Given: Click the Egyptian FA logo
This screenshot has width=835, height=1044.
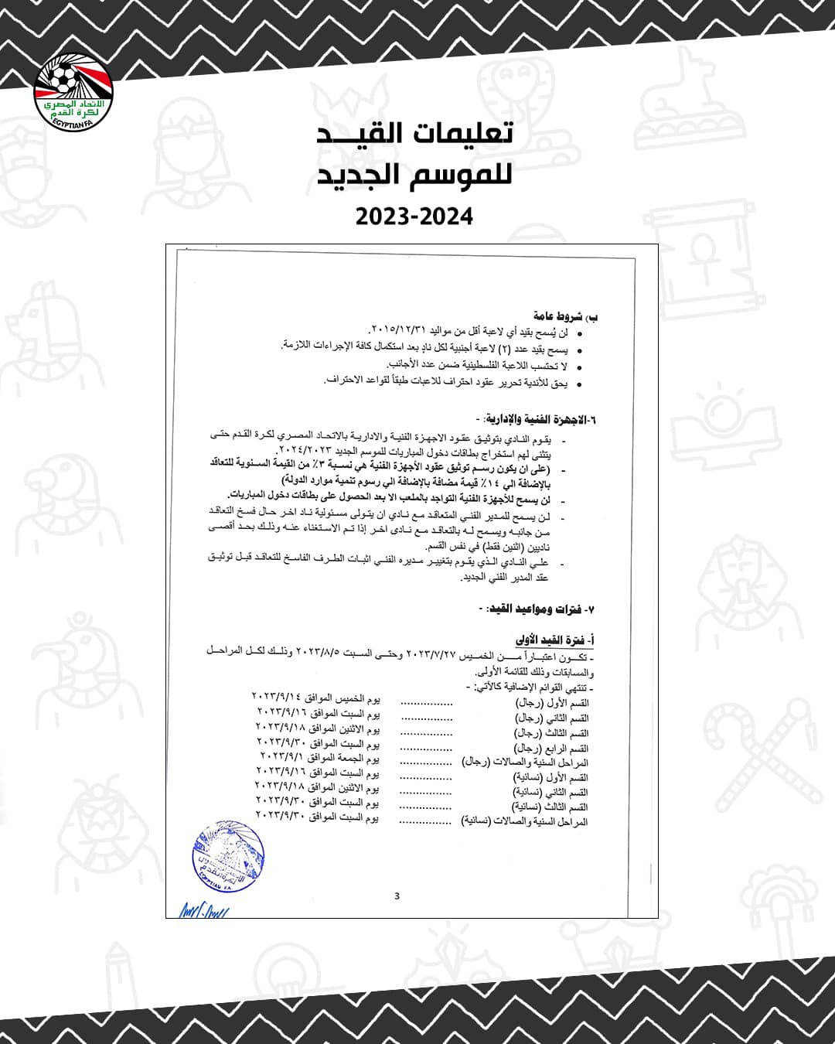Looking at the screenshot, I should tap(74, 91).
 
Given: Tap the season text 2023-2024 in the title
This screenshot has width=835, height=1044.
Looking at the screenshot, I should tap(414, 217).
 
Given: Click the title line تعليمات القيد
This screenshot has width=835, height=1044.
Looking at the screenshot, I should tap(416, 133).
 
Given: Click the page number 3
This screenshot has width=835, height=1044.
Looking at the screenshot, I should tap(397, 896).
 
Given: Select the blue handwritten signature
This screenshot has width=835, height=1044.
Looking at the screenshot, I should tap(204, 909).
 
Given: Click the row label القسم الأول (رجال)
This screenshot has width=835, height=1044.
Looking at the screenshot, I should tap(552, 703).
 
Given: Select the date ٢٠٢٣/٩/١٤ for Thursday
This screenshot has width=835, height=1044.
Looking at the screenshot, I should tap(278, 698).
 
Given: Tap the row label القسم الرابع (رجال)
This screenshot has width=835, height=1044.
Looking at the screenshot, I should tap(551, 748).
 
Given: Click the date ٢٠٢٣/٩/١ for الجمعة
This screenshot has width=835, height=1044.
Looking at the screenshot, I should tap(281, 756).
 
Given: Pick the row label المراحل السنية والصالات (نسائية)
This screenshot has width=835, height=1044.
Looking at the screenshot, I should tap(524, 821).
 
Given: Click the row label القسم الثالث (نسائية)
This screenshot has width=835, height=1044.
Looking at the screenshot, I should tap(550, 807).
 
